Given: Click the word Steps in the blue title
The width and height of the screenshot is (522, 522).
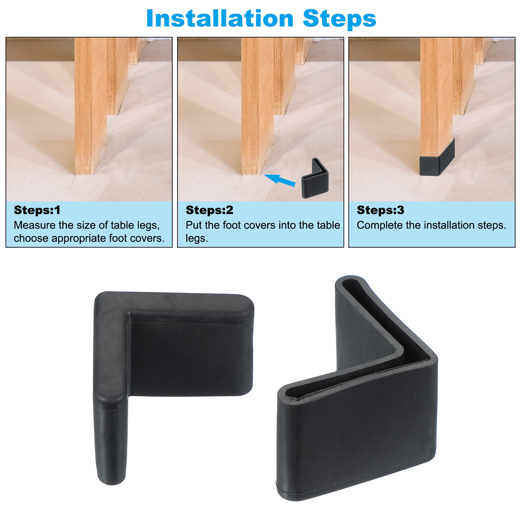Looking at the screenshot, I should (x=339, y=19).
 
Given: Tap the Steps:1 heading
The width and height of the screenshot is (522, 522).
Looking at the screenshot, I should (x=37, y=210).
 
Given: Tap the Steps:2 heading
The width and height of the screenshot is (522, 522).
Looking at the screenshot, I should (x=209, y=210).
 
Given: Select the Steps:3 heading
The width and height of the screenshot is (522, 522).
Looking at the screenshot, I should (x=380, y=210).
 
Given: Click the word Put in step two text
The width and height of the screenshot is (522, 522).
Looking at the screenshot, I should (x=193, y=225).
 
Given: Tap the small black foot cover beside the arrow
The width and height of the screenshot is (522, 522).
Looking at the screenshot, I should (x=315, y=181).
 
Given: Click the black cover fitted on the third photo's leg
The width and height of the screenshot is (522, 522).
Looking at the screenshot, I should (x=437, y=159).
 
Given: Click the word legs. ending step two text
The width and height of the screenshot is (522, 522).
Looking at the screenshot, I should (x=196, y=238).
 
